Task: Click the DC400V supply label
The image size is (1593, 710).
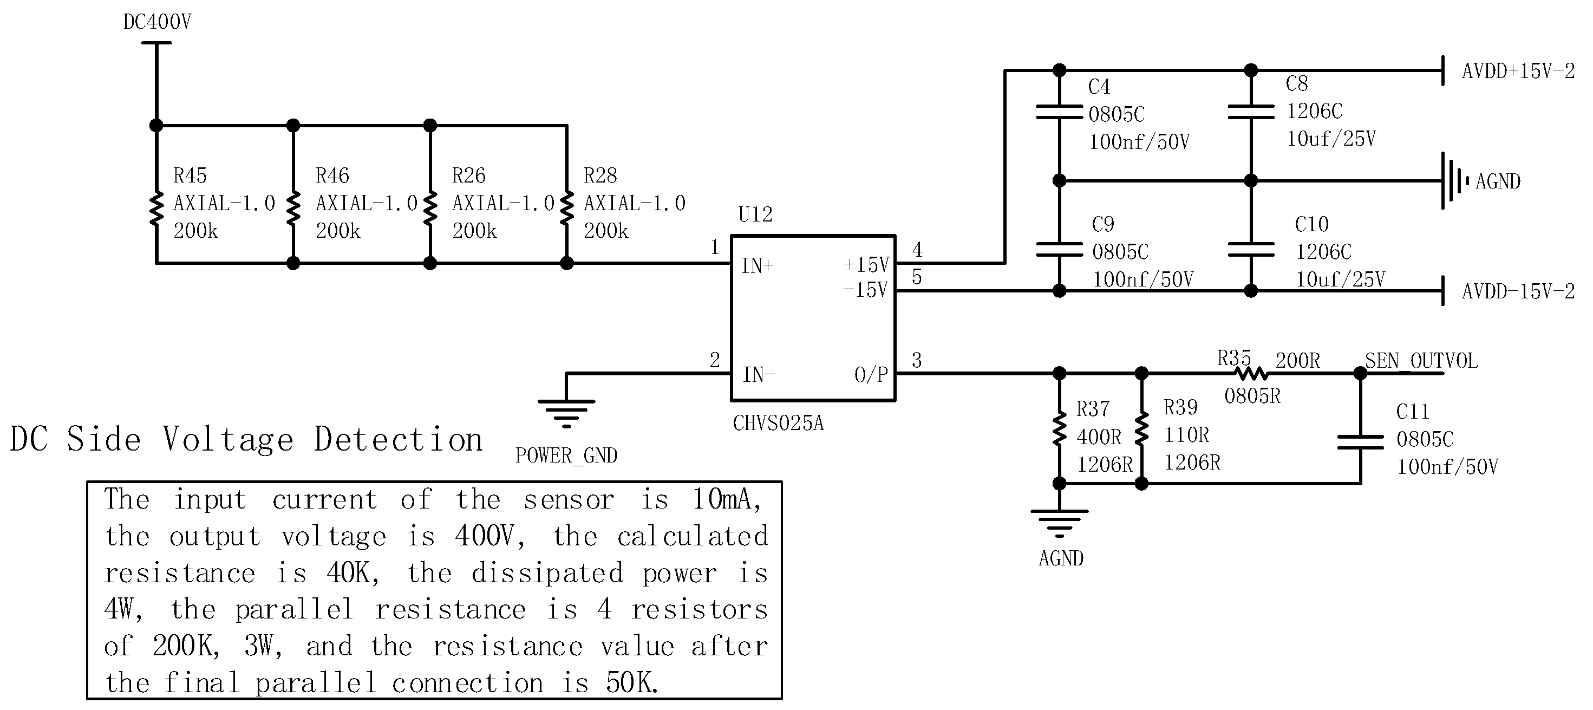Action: click(157, 22)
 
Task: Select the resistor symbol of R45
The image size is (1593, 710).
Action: click(156, 209)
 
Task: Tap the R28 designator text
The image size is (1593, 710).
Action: click(600, 175)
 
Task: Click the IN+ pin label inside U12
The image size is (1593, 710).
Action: click(758, 266)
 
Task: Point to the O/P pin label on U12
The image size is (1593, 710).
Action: click(871, 374)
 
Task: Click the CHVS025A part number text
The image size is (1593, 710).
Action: click(778, 423)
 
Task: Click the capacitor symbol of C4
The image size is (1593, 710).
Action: click(1059, 112)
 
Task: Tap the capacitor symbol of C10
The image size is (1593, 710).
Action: click(1250, 249)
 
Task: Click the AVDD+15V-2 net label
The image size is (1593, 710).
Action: click(1518, 71)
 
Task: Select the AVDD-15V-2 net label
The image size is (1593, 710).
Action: click(1518, 291)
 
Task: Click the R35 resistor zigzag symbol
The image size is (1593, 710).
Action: click(1251, 373)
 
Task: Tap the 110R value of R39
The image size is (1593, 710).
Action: click(1186, 435)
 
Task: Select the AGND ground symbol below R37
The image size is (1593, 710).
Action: click(1059, 523)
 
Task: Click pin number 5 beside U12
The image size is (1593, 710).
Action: click(917, 277)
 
